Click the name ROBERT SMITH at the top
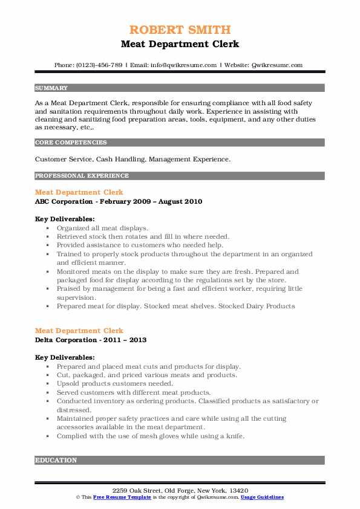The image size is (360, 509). click(x=180, y=30)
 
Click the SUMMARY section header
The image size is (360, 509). click(x=51, y=88)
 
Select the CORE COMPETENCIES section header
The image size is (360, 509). click(x=71, y=143)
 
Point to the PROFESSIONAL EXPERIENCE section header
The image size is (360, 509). click(x=82, y=176)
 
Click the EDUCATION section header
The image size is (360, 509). click(x=56, y=460)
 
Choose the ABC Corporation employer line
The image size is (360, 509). click(x=119, y=201)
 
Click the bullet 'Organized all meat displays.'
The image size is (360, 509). click(x=102, y=228)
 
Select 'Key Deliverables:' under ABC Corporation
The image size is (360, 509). click(x=65, y=219)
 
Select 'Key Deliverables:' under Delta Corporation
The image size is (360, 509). click(x=65, y=357)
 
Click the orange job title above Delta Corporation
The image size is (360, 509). click(x=79, y=331)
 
